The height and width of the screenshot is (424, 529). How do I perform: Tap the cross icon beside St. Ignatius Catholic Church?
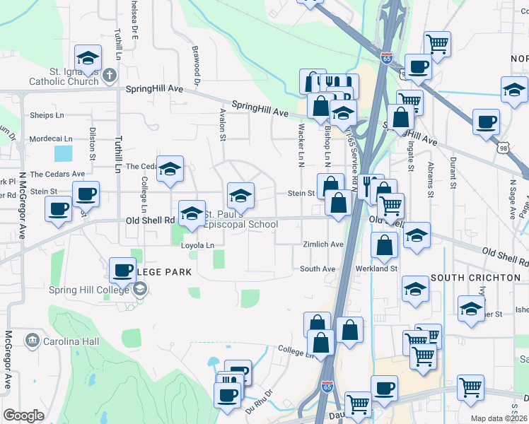coord(110,74)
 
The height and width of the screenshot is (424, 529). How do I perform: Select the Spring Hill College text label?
coord(88,288)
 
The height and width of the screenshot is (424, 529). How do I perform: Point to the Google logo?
coord(23,415)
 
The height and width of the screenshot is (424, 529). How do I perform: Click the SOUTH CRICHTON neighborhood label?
coord(475,278)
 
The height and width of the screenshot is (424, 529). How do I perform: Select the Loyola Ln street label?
coord(197,245)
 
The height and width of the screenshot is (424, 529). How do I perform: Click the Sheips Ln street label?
coord(47,115)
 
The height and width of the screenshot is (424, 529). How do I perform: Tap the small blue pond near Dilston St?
coord(63,152)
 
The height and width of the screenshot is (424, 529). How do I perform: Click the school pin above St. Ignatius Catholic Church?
coord(88,59)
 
